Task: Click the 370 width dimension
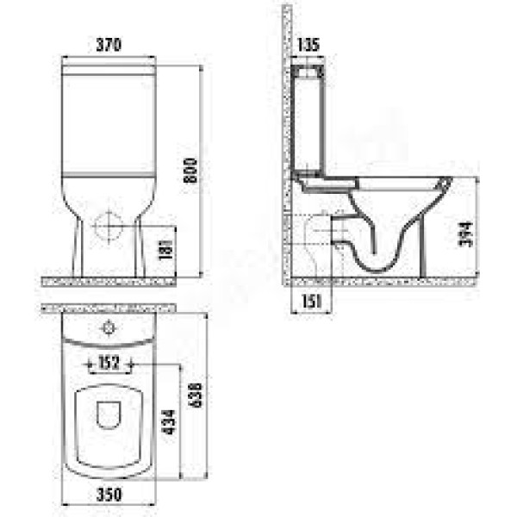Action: pos(109,45)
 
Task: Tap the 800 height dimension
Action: pos(190,171)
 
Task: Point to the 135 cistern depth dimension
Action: pos(308,45)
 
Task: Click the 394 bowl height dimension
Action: pos(466,234)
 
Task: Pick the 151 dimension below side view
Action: pos(311,301)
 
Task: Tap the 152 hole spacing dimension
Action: pos(109,363)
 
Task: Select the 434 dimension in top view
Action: pos(169,422)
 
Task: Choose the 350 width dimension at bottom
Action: pos(109,495)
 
